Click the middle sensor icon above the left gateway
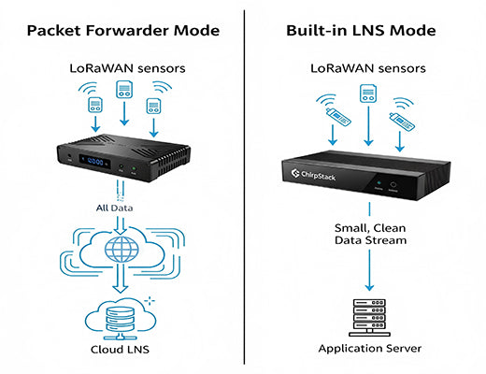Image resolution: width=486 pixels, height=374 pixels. pos(123,92)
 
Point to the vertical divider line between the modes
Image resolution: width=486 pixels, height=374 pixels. pos(245,187)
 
